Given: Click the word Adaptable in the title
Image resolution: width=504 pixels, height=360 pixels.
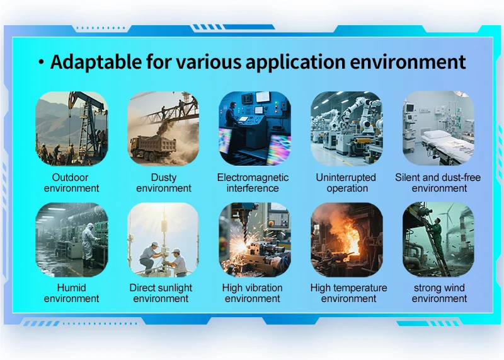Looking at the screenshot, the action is tap(96, 61).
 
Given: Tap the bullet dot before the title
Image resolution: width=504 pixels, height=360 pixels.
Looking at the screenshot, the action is tap(41, 62).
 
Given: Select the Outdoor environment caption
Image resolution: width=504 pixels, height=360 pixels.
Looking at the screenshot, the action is tap(71, 183).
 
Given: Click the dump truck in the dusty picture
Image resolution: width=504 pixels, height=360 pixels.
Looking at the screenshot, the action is tap(153, 148).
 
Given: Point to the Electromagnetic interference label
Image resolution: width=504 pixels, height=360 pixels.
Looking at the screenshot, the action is tap(253, 183).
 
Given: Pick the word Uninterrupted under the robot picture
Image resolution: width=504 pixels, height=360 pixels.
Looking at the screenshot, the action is tap(346, 177).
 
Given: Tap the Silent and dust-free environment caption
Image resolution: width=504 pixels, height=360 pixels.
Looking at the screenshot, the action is tap(438, 183).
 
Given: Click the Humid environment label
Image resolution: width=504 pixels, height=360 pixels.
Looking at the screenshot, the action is tap(71, 293).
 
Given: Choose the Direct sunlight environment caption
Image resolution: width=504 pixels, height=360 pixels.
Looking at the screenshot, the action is tap(161, 293).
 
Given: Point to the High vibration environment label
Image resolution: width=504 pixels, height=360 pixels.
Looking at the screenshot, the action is tap(253, 293).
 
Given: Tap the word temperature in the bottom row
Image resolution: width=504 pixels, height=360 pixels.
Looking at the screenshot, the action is tap(363, 288).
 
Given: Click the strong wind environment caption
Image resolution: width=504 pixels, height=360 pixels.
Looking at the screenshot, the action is tap(439, 293).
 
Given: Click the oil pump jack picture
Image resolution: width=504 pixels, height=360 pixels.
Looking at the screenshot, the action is tap(72, 129).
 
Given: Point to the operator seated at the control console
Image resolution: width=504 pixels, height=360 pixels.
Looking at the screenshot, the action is tap(232, 115).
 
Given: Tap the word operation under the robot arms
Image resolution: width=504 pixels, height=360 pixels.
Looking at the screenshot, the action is tap(347, 189).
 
